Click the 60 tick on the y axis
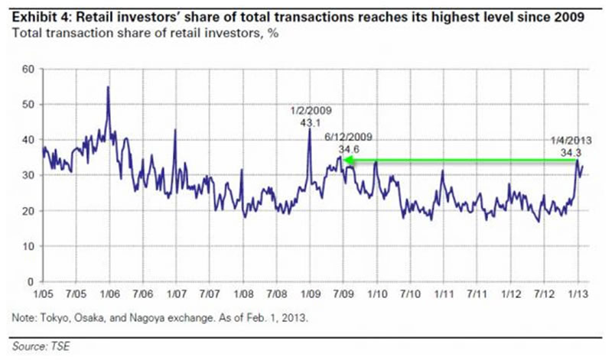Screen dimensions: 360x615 [29, 69]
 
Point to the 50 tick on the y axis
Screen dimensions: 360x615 [29, 104]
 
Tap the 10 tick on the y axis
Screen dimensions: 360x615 [29, 246]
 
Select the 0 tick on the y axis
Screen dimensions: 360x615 [32, 281]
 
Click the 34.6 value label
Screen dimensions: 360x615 [354, 148]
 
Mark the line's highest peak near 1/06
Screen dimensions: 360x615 [108, 87]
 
